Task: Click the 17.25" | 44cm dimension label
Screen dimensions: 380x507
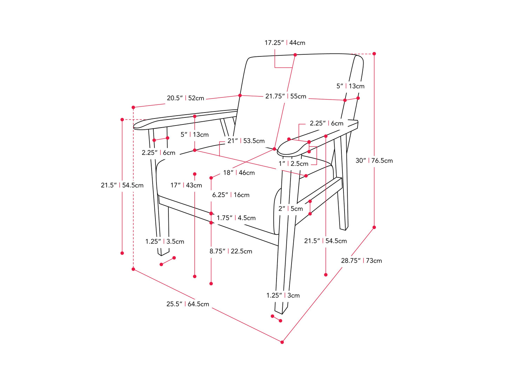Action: coord(285,43)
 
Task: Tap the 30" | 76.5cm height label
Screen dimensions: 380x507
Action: coord(374,161)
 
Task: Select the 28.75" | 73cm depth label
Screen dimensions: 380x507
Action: coord(361,260)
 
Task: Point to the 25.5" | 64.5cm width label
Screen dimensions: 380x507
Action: coord(188,304)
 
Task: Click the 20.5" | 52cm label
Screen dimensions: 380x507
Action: coord(185,98)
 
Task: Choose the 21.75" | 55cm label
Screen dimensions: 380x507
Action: coord(286,96)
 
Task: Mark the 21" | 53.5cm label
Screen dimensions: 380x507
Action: coord(246,141)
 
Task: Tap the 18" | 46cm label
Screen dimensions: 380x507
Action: coord(239,172)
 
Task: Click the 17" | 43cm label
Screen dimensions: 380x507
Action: coord(186,185)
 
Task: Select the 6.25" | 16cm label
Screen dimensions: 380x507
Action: coord(231,195)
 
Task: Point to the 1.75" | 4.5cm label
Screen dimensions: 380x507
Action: coord(236,218)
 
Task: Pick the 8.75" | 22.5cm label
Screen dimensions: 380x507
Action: coord(231,251)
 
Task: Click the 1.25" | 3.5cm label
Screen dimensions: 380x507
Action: coord(165,242)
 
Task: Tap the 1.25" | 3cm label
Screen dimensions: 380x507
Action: coord(283,296)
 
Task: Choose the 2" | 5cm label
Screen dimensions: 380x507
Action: coord(291,209)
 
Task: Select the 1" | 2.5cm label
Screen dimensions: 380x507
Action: coord(293,164)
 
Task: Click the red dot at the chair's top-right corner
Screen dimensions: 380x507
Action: coord(374,54)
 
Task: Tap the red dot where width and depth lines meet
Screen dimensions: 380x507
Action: coord(282,342)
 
